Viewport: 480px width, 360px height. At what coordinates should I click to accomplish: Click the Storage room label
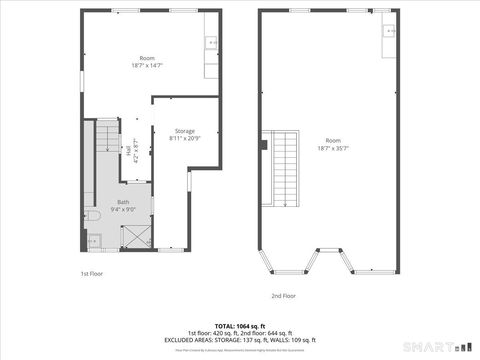tap(184, 131)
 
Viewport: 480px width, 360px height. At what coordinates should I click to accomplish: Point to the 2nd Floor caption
tap(283, 296)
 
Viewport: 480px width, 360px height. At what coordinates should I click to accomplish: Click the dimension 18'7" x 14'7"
tap(146, 64)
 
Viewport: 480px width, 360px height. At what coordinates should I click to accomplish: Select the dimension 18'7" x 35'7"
tap(332, 147)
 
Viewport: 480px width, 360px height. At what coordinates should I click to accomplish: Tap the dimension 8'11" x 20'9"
tap(184, 138)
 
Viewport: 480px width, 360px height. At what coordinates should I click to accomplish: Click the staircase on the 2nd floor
tap(285, 167)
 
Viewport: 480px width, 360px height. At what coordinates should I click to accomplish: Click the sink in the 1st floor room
tap(211, 42)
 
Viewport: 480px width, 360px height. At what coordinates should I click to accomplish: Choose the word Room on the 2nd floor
tap(332, 140)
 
